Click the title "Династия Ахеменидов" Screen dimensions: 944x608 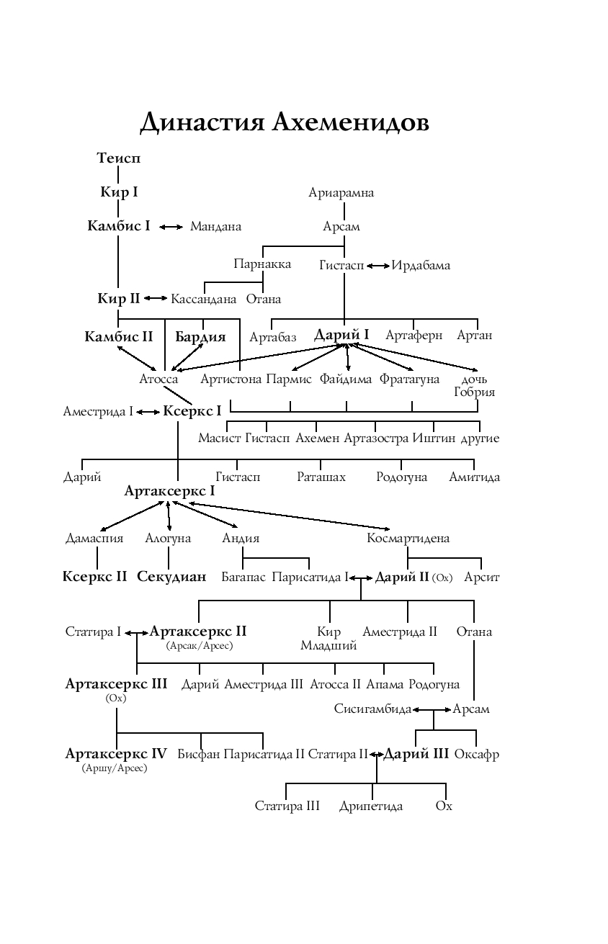(285, 122)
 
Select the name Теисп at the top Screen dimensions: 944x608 (119, 158)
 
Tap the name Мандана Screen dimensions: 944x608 (215, 227)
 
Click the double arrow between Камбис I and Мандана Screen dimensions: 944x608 (171, 227)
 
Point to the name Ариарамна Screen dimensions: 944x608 (341, 193)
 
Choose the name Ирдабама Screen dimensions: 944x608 (421, 266)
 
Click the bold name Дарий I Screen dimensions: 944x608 (341, 336)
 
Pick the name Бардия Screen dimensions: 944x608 (200, 337)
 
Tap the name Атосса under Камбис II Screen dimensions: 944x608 (158, 379)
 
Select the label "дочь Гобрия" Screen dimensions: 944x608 (474, 386)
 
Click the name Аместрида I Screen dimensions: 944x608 (98, 412)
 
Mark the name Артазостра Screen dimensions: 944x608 (376, 439)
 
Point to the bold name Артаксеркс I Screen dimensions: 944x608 (169, 491)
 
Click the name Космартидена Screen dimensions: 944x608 (408, 539)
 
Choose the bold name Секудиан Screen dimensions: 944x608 (171, 577)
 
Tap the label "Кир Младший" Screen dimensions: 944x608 (328, 639)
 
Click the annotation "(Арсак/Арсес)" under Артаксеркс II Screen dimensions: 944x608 (200, 646)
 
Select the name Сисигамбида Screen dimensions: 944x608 (372, 709)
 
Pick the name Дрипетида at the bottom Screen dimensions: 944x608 (371, 806)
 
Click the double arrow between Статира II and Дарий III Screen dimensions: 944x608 (375, 755)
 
